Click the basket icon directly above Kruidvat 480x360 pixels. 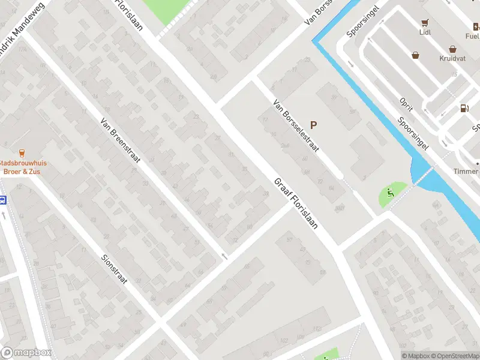[x=452, y=50]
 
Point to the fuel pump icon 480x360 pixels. [x=464, y=109]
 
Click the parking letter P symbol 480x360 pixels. [x=313, y=125]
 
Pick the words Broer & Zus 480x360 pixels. [x=22, y=172]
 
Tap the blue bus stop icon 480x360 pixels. [x=3, y=200]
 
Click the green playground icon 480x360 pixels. [x=390, y=193]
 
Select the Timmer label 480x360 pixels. [x=466, y=172]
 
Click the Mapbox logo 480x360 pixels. [x=26, y=353]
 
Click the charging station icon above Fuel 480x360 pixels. [x=476, y=26]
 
